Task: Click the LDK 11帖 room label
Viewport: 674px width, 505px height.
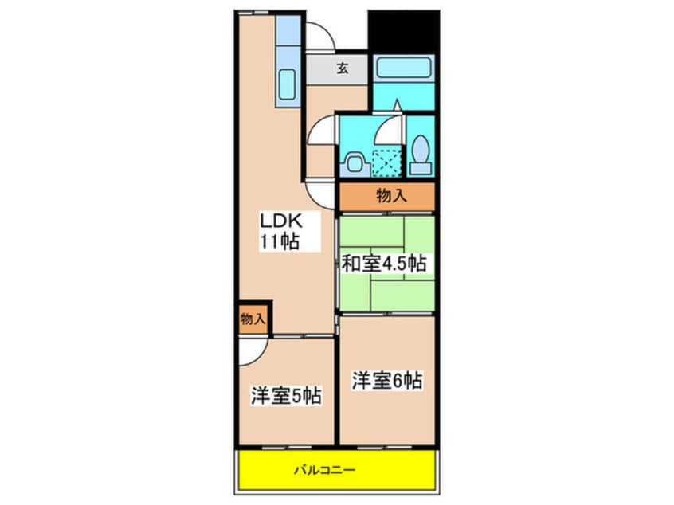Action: [x=277, y=232]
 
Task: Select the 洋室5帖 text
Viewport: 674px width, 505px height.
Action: [x=286, y=395]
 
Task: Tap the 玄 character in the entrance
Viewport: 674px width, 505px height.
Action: [x=341, y=69]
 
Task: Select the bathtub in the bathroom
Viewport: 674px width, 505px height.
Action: [x=403, y=69]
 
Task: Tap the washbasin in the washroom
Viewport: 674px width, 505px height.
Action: [x=354, y=162]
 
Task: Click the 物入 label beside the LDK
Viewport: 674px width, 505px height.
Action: [x=253, y=319]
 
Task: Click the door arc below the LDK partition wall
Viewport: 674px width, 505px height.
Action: [x=320, y=194]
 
